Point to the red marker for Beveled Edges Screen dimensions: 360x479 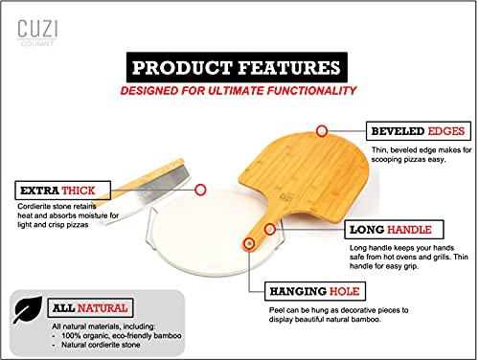323,129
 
